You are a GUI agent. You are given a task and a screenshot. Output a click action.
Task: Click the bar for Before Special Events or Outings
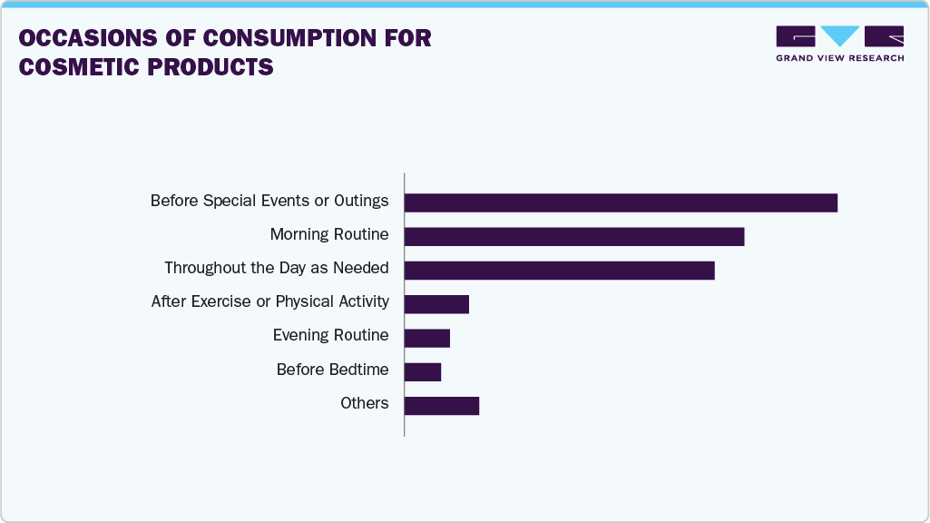coord(621,202)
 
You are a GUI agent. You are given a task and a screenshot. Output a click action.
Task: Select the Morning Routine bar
coord(573,236)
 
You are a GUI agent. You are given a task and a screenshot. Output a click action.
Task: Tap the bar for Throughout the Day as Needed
coord(559,270)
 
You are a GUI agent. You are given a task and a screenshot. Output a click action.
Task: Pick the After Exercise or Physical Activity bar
coord(436,303)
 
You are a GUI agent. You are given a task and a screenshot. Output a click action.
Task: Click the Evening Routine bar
coord(426,338)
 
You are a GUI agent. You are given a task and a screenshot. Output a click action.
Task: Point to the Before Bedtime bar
coord(422,371)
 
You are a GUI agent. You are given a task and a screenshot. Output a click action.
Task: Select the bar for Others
coord(441,405)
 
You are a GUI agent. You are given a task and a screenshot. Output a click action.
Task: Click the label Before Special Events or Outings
coord(269,201)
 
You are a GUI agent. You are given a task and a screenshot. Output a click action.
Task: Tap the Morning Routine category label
coord(329,234)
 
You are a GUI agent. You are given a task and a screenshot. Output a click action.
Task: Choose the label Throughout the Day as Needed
coord(276,268)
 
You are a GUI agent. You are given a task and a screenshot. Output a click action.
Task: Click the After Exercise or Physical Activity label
coord(269,301)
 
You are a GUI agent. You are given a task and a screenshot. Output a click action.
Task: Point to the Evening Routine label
coord(330,335)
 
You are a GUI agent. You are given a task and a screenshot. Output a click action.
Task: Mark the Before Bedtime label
coord(332,370)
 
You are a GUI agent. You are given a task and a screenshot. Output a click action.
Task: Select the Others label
coord(364,403)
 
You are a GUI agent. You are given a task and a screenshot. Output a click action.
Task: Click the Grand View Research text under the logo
coord(839,58)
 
